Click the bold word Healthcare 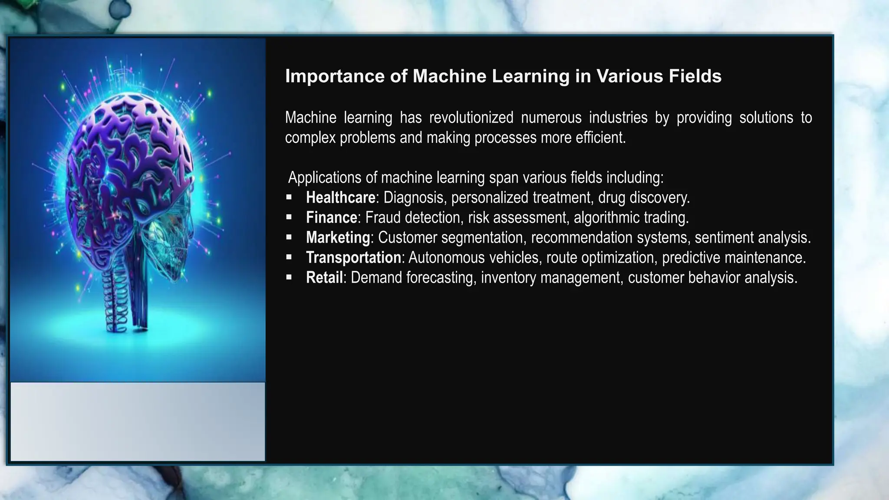[340, 198]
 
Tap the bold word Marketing [338, 238]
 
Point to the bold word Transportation [353, 258]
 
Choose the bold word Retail [324, 278]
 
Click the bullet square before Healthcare [289, 197]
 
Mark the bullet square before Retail [289, 277]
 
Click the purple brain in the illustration [130, 143]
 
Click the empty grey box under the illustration [138, 421]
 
